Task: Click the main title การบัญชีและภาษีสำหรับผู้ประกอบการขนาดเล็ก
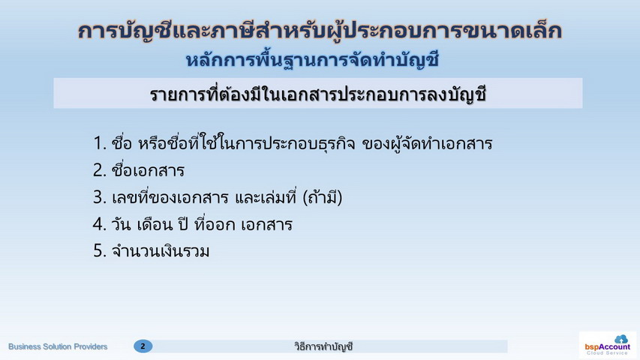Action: (x=320, y=31)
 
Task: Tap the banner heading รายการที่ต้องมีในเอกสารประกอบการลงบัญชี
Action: (x=318, y=94)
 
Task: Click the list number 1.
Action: (x=99, y=143)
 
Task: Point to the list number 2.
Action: (x=99, y=170)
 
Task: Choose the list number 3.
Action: (x=99, y=197)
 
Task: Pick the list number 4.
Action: (x=99, y=224)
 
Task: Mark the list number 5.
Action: (x=99, y=251)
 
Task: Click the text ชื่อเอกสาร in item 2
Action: (x=148, y=169)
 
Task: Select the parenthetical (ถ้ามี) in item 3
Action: (x=323, y=197)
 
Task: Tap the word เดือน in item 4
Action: (x=155, y=224)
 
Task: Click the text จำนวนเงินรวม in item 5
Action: (x=161, y=251)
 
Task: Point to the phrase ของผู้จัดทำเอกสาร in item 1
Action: (x=427, y=144)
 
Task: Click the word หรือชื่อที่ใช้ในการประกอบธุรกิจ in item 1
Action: (x=247, y=142)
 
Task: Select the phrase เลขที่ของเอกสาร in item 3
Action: (x=170, y=197)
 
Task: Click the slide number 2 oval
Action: (x=143, y=346)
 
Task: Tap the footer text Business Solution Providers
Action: (x=58, y=346)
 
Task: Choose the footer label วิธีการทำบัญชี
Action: (x=323, y=346)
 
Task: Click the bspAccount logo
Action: (x=607, y=345)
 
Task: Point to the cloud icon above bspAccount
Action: (x=621, y=339)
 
